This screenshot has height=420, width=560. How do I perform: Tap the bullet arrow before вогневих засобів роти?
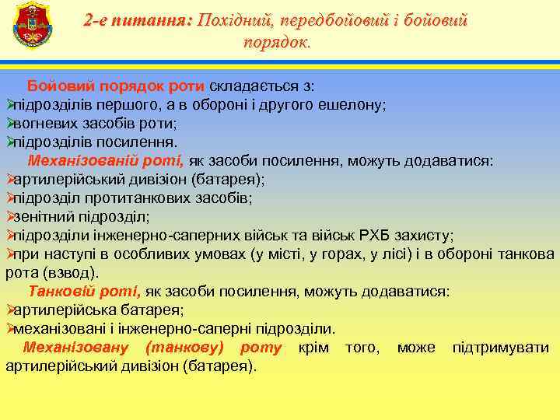[x=10, y=123]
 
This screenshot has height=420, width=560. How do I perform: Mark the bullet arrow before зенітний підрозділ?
[x=10, y=217]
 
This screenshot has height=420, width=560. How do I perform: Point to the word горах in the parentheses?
[x=359, y=254]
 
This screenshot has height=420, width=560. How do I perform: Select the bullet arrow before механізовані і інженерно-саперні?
[x=10, y=329]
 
